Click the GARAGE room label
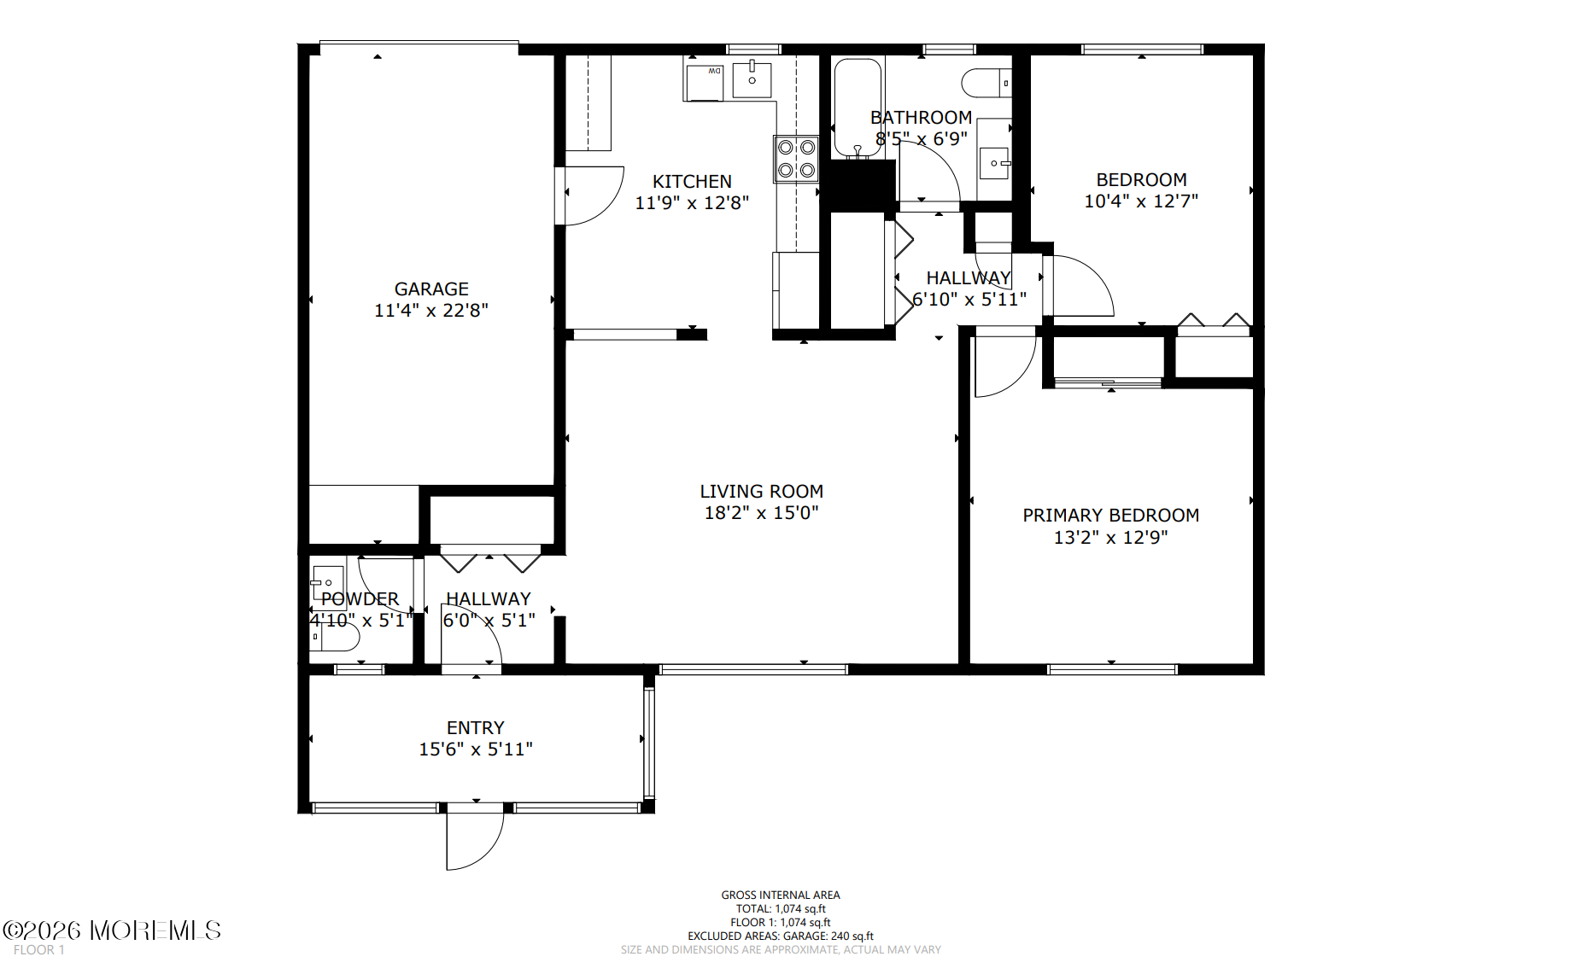click(431, 289)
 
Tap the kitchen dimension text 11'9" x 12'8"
click(692, 202)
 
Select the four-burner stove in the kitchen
click(796, 159)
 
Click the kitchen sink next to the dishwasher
click(752, 79)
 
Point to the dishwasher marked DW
click(705, 82)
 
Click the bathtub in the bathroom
click(858, 108)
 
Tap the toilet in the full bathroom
click(986, 83)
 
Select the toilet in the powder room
click(334, 637)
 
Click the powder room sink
click(326, 582)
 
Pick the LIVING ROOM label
click(762, 492)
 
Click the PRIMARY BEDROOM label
click(1111, 516)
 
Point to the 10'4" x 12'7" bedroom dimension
click(1141, 201)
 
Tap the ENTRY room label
click(476, 728)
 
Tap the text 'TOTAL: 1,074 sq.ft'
click(781, 909)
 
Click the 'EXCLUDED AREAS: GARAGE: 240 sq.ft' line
click(781, 936)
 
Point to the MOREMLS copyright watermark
click(112, 930)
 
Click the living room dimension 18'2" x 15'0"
click(762, 513)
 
